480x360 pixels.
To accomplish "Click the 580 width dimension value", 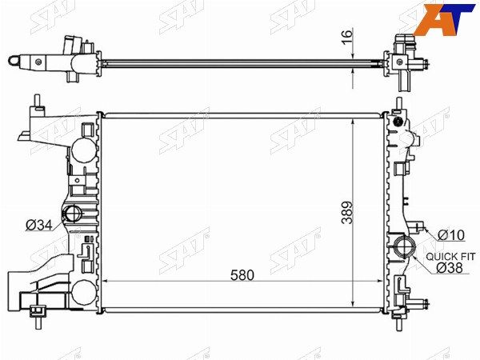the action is coord(242,275).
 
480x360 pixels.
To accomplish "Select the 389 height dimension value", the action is coord(348,213).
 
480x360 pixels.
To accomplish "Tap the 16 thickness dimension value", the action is coord(347,37).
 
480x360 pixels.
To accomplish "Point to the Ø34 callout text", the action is coord(39,226).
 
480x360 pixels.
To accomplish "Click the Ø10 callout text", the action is coord(451,235).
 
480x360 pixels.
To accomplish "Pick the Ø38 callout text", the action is coord(450,268).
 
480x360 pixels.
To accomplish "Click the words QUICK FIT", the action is coord(450,257).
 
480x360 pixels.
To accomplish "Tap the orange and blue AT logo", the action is coord(443,19).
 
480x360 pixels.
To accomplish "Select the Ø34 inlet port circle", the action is coord(72,214).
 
